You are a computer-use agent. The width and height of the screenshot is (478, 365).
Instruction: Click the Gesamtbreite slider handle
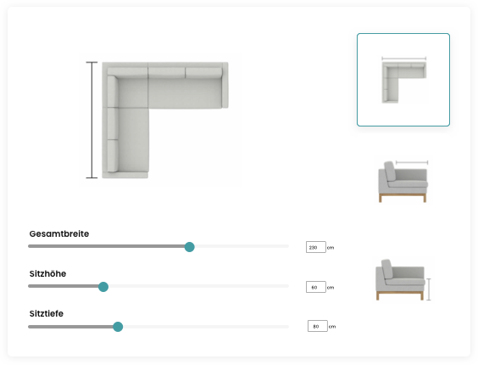pos(190,247)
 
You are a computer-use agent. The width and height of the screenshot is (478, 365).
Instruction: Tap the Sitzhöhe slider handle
pos(103,287)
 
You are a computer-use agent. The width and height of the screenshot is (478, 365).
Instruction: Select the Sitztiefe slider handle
pos(118,327)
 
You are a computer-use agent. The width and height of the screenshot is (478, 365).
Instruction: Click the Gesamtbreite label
pos(59,234)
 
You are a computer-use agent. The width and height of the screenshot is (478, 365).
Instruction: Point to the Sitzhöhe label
pos(47,273)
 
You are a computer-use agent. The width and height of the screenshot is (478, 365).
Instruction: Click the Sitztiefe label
pos(47,314)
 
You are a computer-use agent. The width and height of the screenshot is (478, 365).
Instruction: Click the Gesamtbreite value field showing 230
pos(316,247)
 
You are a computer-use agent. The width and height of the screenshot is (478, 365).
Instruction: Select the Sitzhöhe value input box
pos(316,287)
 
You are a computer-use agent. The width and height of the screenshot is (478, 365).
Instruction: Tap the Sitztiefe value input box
pos(318,326)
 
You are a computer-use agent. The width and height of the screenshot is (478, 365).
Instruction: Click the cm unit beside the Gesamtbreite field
pos(331,248)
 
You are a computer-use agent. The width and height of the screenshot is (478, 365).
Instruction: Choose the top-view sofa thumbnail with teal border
pos(403,80)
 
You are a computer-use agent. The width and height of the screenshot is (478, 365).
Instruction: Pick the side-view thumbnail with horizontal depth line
pos(403,181)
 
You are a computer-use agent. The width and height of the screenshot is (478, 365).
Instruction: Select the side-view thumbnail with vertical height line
pos(403,280)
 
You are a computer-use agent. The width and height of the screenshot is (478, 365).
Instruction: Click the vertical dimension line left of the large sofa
pos(92,120)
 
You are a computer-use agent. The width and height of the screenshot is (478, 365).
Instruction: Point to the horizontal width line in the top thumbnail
pos(404,59)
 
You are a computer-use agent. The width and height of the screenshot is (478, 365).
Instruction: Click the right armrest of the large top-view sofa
pos(225,85)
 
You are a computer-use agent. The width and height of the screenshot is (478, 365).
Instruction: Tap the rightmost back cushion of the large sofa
pos(203,73)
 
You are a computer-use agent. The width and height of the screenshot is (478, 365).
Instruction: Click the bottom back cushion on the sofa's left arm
pos(113,155)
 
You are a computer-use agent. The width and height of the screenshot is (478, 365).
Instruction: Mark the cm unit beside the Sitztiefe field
pos(332,327)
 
